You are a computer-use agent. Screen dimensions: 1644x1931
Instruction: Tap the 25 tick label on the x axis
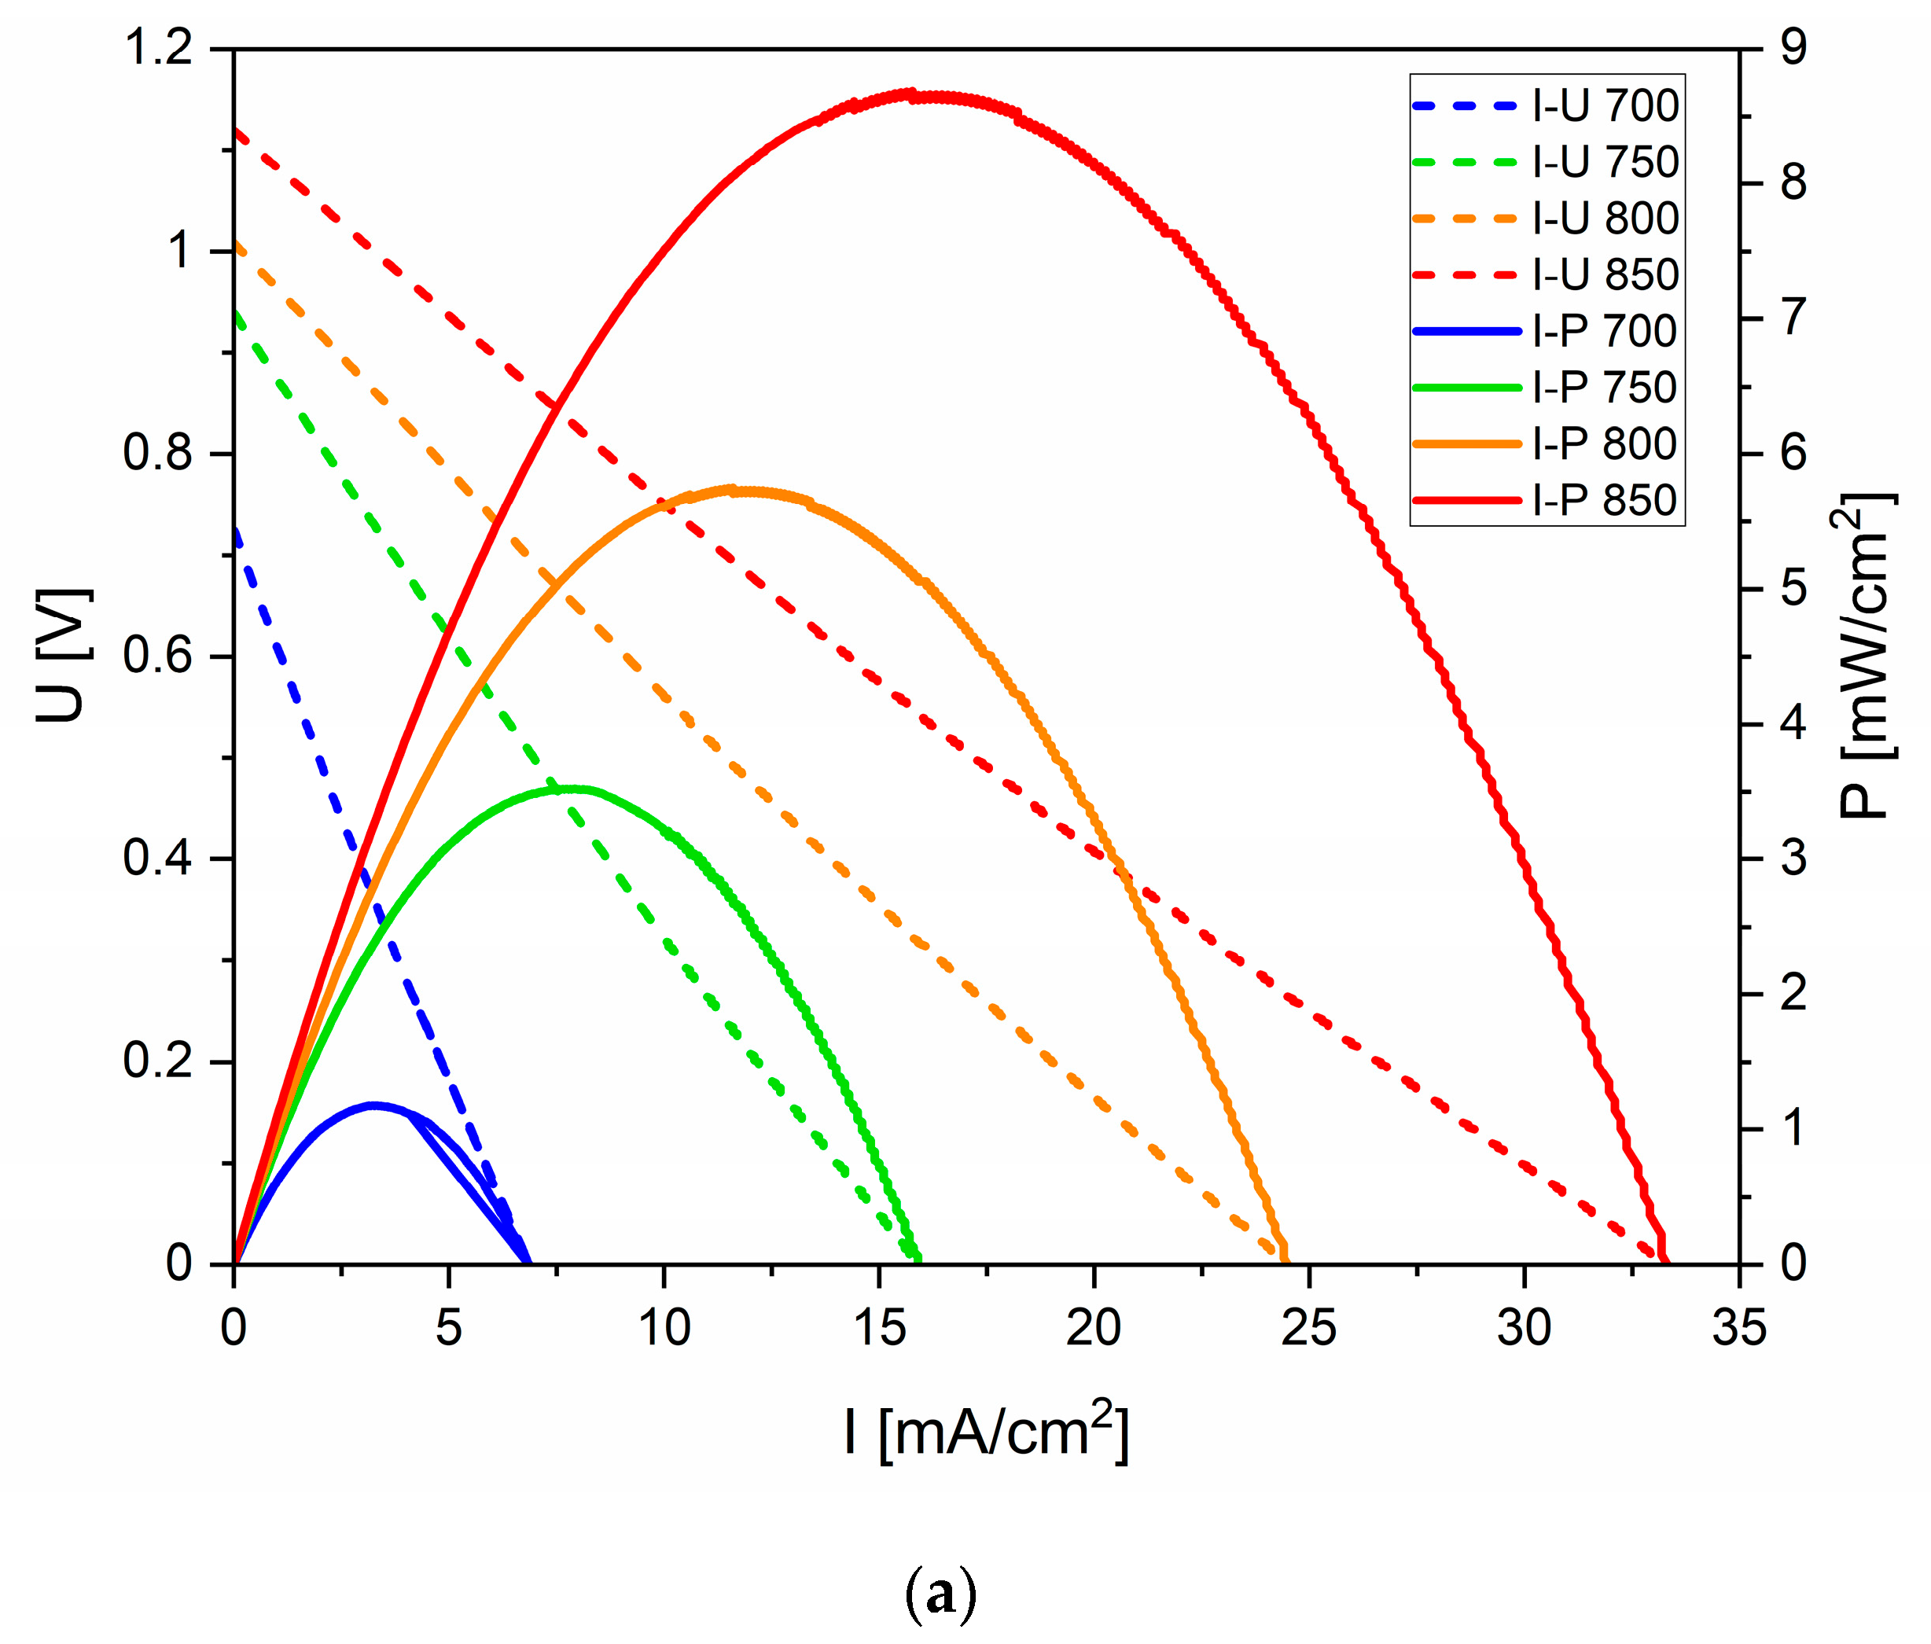(1308, 1327)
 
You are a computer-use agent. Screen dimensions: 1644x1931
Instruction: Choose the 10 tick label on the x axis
(664, 1327)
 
